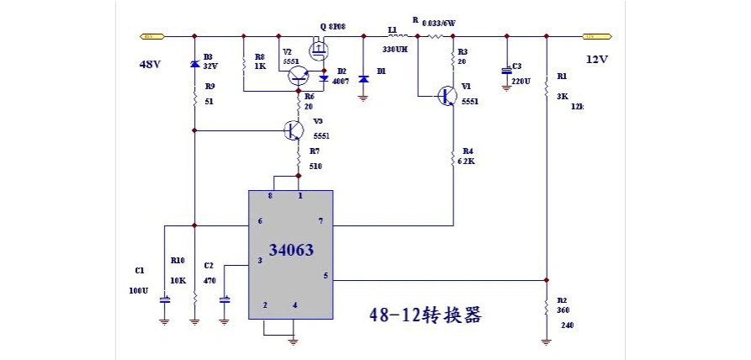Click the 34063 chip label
click(291, 251)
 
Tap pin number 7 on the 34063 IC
click(320, 221)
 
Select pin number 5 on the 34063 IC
click(325, 276)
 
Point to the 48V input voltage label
click(151, 64)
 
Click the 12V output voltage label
click(596, 60)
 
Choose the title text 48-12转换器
click(425, 315)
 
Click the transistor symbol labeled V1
click(447, 96)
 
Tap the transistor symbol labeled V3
click(294, 130)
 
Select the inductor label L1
click(392, 29)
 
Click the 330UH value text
click(394, 50)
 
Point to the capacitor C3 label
click(516, 66)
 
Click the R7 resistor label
click(315, 151)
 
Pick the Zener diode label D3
click(208, 56)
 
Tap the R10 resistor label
click(177, 260)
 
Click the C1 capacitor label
click(140, 270)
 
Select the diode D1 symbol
click(363, 78)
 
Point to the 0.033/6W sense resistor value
click(438, 24)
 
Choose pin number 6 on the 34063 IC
click(260, 221)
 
